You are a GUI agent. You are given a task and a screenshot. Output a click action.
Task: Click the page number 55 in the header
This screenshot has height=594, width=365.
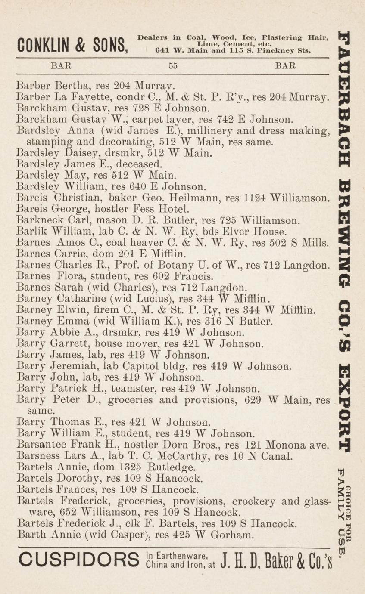pyautogui.click(x=173, y=66)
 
